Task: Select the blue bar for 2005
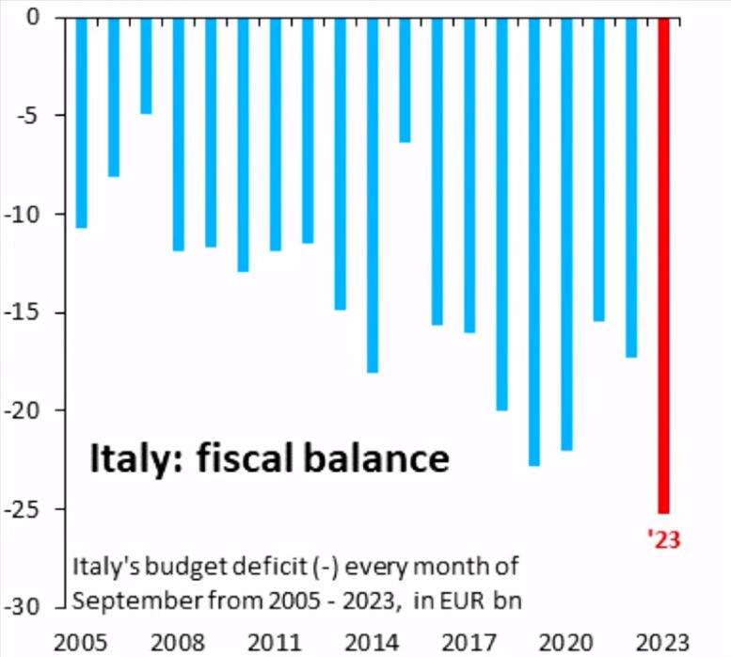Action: [82, 122]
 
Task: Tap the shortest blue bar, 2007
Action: [146, 66]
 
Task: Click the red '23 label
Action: [663, 539]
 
